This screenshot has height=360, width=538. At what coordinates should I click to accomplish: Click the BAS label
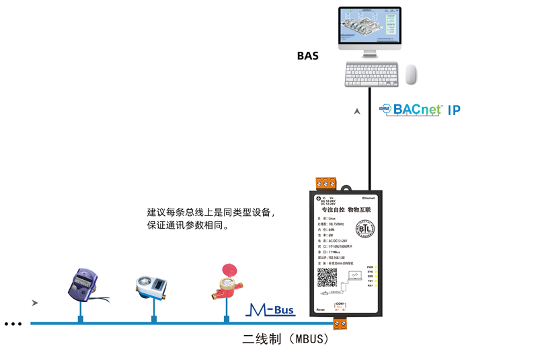click(x=307, y=56)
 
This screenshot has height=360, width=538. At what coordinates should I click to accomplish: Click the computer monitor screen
click(x=369, y=27)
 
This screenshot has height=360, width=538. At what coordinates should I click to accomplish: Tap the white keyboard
click(x=371, y=74)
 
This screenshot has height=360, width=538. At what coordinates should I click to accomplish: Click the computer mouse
click(x=410, y=75)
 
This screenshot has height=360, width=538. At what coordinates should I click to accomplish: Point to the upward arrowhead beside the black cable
click(x=357, y=112)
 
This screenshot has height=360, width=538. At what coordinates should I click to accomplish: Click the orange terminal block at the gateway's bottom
click(x=340, y=324)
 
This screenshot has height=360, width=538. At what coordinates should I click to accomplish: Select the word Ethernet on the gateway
click(x=369, y=199)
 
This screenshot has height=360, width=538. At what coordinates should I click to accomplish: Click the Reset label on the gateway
click(x=320, y=310)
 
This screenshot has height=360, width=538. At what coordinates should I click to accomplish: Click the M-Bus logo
click(x=270, y=310)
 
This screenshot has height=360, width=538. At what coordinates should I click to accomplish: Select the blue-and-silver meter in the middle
click(x=152, y=287)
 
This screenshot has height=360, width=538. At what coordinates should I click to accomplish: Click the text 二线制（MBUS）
click(x=285, y=339)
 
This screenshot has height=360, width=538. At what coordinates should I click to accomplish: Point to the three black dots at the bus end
click(x=13, y=324)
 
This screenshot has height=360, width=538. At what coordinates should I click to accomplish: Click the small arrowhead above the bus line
click(x=34, y=303)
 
